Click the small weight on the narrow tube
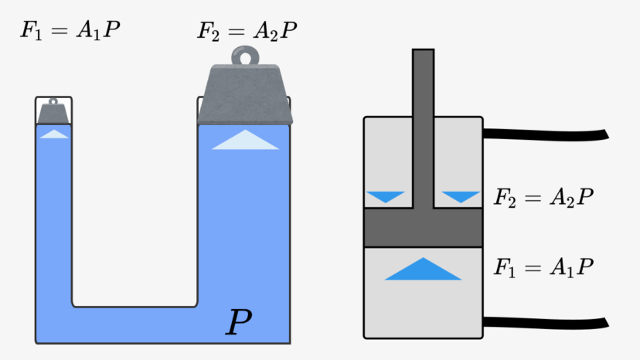pyautogui.click(x=53, y=114)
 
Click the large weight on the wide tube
pyautogui.click(x=245, y=97)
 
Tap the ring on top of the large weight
pyautogui.click(x=245, y=56)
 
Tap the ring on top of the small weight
pyautogui.click(x=53, y=101)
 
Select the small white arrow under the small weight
pyautogui.click(x=53, y=134)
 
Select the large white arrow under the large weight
pyautogui.click(x=245, y=141)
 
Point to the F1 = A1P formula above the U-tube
pyautogui.click(x=70, y=32)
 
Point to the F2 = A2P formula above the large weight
pyautogui.click(x=247, y=32)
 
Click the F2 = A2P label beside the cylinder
pyautogui.click(x=544, y=196)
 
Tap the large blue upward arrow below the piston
pyautogui.click(x=422, y=270)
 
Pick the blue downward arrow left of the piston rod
pyautogui.click(x=386, y=196)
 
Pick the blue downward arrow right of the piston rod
pyautogui.click(x=461, y=196)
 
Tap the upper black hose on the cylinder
pyautogui.click(x=544, y=134)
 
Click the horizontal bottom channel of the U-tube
pyautogui.click(x=135, y=323)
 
